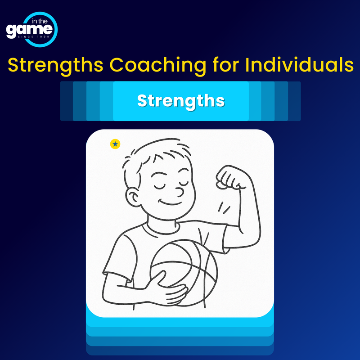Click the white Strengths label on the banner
point(180,101)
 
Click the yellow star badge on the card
point(115,144)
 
